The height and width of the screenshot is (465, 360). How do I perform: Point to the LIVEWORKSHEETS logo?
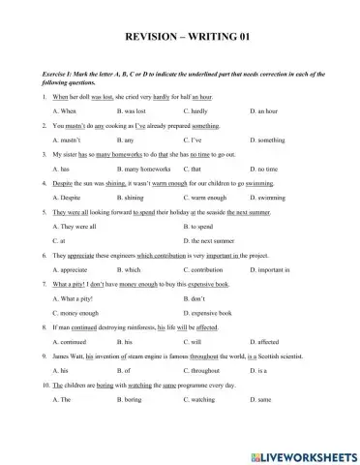308,451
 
